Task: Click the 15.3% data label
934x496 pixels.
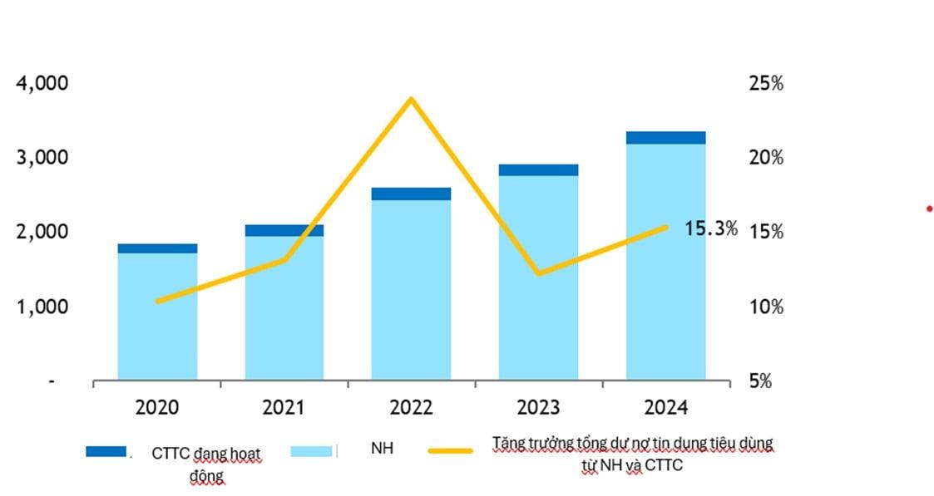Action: (710, 228)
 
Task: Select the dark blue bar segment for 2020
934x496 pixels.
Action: (157, 248)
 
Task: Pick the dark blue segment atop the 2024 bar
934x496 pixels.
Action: (665, 138)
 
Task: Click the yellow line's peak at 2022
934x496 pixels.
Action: (411, 100)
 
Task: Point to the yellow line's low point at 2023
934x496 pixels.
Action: (538, 273)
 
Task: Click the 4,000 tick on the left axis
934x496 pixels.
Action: (42, 84)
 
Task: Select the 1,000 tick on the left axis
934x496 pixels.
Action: (42, 307)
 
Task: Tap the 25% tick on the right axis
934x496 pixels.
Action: (766, 84)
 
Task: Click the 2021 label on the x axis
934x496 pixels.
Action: (284, 408)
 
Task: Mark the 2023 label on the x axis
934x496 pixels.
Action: (538, 408)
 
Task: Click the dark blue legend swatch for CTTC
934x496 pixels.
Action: (106, 451)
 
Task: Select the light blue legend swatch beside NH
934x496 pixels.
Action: (312, 451)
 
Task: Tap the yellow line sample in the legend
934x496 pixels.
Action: (450, 451)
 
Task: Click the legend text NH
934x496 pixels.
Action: (382, 449)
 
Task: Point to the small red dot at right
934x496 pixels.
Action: (929, 209)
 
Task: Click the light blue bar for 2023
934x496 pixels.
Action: (538, 277)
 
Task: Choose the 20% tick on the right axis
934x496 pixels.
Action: (766, 158)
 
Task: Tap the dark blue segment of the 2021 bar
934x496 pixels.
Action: (284, 230)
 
